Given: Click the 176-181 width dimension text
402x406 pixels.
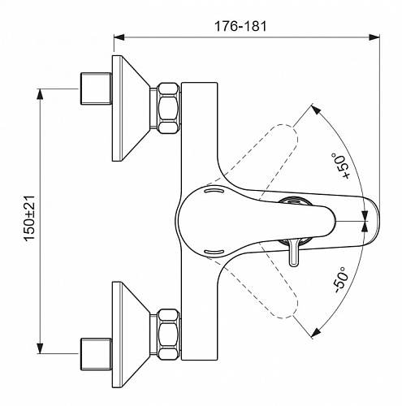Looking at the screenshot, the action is (x=240, y=26).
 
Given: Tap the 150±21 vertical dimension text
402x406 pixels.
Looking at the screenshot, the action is (x=29, y=218).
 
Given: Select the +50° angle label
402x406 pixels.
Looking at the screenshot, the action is (x=340, y=166).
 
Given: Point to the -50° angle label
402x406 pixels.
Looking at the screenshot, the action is (x=340, y=280).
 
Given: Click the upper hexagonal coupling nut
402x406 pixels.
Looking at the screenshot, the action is (x=168, y=108).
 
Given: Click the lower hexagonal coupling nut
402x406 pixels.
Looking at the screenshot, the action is (x=168, y=335).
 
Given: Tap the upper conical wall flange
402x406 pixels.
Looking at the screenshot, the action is (x=131, y=108).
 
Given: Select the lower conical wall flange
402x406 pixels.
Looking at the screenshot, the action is (x=131, y=335).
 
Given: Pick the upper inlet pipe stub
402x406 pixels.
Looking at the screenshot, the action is (x=96, y=89).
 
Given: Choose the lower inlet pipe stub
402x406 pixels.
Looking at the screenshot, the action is (x=96, y=354).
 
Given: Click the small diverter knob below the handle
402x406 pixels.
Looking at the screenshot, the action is (x=294, y=252).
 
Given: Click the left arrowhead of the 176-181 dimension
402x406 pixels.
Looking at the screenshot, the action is (x=119, y=37).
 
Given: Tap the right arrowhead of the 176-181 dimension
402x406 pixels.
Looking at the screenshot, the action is (x=374, y=37).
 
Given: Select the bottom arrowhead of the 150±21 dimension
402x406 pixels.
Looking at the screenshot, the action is (x=40, y=348).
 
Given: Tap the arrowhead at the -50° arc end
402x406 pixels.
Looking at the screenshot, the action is (x=316, y=332).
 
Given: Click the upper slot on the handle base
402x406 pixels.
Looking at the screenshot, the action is (x=214, y=191).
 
